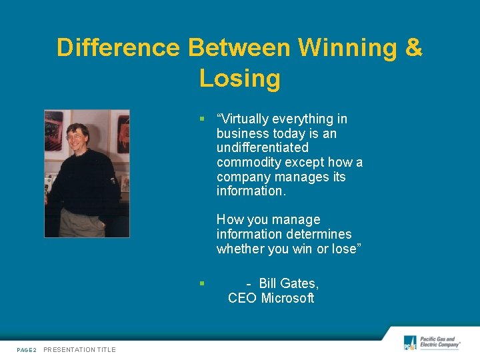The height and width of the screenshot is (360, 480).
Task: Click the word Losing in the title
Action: tap(239, 79)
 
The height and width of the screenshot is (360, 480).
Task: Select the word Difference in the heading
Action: tap(118, 48)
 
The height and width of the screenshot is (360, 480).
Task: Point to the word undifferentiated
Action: tap(263, 147)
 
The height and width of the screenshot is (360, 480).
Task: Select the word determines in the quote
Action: tap(319, 234)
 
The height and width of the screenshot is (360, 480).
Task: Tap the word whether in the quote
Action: tap(241, 249)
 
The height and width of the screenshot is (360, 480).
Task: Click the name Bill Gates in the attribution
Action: tap(289, 283)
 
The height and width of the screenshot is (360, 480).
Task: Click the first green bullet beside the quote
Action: tap(201, 119)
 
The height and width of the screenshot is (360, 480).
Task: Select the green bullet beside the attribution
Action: tap(201, 283)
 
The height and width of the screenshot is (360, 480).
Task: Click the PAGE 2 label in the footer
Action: tap(27, 349)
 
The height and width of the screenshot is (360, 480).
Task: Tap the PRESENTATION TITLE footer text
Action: tap(79, 349)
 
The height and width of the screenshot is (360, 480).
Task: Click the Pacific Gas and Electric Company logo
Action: tap(431, 343)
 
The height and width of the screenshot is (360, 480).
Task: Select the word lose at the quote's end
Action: tap(343, 249)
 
